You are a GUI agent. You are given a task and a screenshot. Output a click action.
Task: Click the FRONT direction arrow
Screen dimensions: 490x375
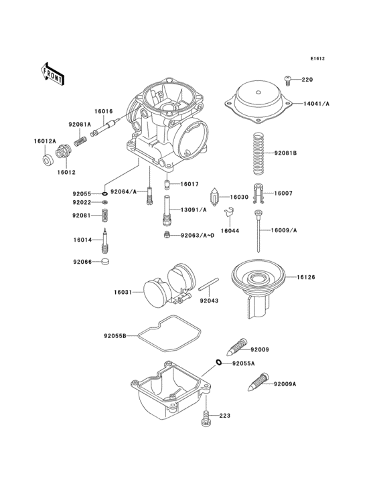[x=52, y=73]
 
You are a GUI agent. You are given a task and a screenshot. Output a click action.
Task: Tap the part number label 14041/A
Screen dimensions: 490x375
[x=317, y=104]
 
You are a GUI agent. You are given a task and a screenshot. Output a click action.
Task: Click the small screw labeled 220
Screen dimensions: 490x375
[x=288, y=80]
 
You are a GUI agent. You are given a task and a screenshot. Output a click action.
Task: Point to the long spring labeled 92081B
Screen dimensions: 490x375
[x=260, y=153]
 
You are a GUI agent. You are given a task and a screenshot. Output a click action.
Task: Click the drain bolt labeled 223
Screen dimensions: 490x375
[x=206, y=418]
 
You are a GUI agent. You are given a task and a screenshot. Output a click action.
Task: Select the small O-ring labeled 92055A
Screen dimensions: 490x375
[x=218, y=363]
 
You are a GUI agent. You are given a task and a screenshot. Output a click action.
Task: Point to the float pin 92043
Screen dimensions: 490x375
[x=208, y=284]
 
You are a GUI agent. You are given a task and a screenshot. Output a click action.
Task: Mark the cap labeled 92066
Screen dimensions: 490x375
[x=104, y=262]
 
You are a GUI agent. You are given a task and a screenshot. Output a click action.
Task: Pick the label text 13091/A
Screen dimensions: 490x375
[x=193, y=210]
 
